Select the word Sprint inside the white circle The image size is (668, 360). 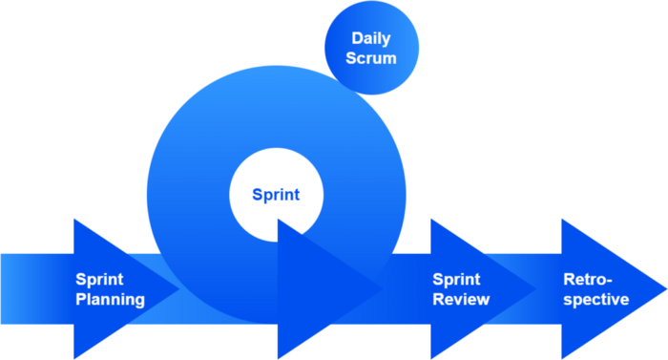(276, 195)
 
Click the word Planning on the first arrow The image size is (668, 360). (111, 299)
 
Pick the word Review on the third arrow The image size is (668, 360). (461, 299)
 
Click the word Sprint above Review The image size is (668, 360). (456, 280)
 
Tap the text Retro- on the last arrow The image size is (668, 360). (588, 280)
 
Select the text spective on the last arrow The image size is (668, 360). (595, 299)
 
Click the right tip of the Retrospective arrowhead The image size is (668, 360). (665, 288)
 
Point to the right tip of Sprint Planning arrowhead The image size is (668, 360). (178, 288)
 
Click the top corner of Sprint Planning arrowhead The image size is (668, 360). (74, 221)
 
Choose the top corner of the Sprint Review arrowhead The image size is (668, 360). (431, 221)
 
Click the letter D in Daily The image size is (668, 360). (356, 40)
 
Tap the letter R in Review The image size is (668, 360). (438, 299)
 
